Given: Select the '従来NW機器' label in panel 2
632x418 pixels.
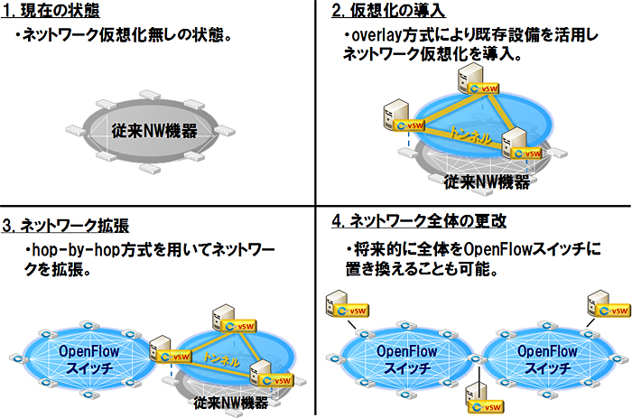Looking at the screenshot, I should coord(488,181).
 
